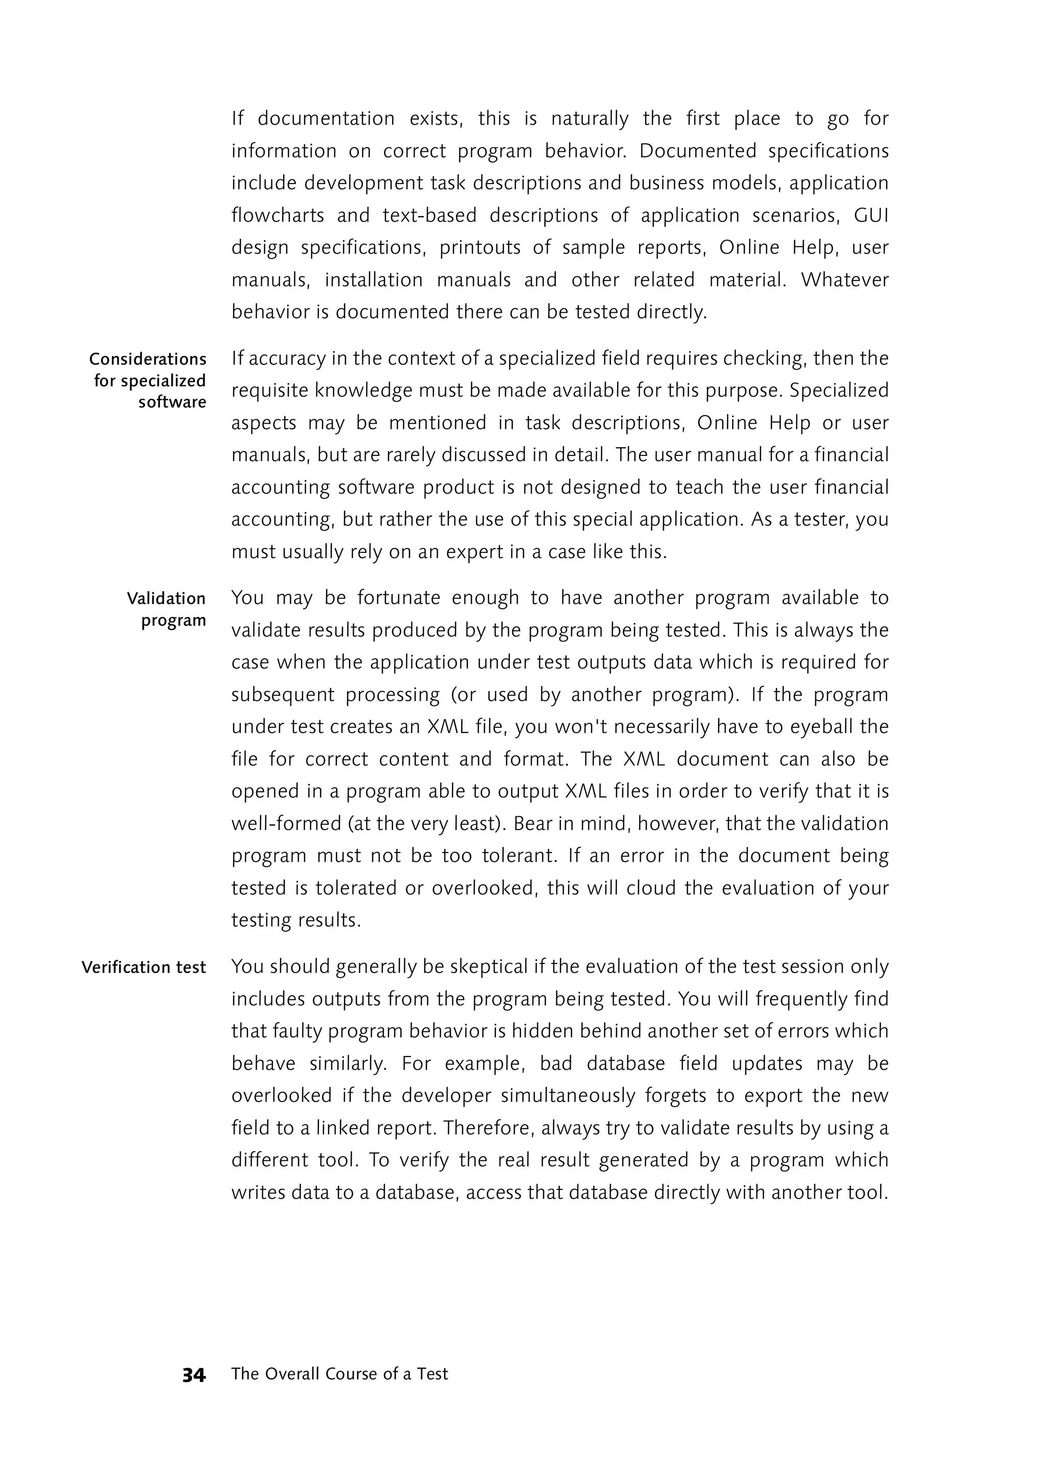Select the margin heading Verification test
pos(143,968)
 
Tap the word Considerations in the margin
pos(148,359)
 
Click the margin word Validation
pos(166,599)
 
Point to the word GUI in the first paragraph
pos(871,215)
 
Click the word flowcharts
pos(277,215)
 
